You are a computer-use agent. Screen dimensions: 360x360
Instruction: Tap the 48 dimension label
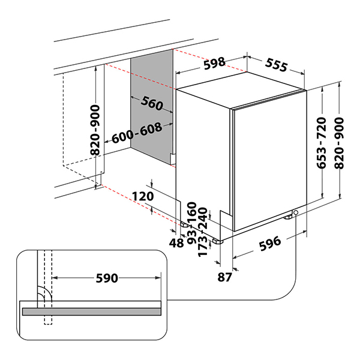coord(176,243)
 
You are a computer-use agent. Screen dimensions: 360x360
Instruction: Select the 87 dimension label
coord(225,277)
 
